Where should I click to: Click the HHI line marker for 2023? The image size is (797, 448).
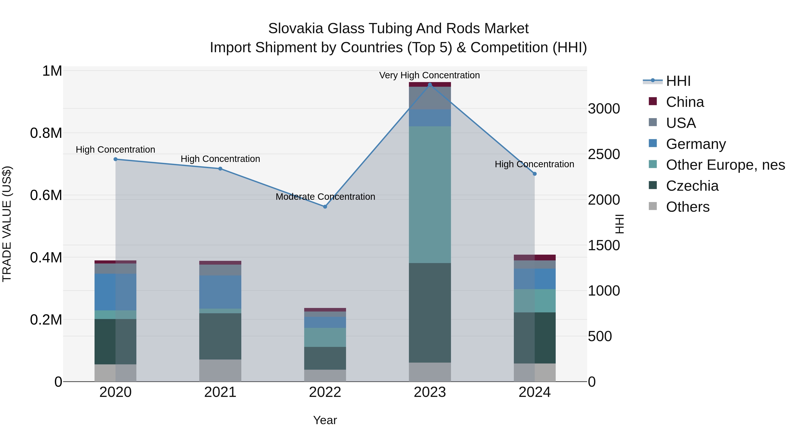430,85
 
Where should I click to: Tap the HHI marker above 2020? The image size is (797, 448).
115,159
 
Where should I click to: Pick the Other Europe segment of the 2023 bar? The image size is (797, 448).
430,195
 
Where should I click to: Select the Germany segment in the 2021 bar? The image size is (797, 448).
220,292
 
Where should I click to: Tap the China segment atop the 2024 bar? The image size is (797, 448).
534,258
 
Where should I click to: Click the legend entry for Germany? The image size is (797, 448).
696,144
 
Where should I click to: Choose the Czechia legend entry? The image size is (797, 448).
692,186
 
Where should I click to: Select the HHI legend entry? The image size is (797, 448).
678,81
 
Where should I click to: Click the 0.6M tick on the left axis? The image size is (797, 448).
46,195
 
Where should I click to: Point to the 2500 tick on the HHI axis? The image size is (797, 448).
604,154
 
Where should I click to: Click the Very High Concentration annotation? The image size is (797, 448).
429,75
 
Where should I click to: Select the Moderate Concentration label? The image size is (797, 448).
325,197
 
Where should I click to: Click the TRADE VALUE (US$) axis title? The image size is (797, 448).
7,224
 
